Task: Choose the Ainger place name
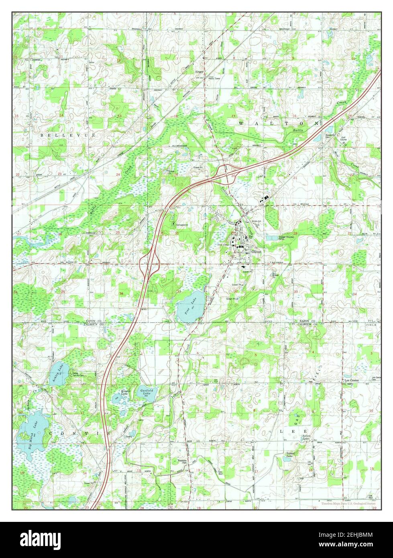point(200,71)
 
